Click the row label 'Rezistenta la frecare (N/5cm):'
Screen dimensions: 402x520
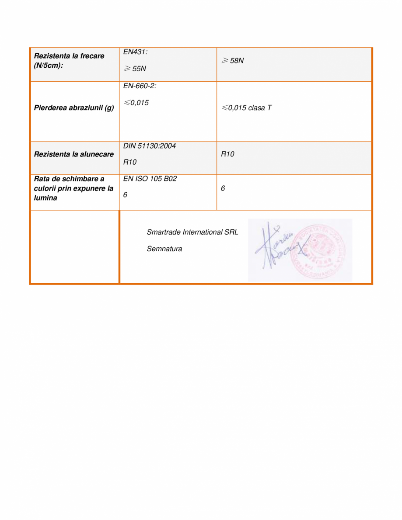click(x=69, y=60)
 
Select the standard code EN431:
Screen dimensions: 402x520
click(x=135, y=52)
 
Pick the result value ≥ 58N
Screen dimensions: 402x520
click(x=232, y=61)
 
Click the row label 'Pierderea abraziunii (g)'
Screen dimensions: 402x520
click(x=74, y=108)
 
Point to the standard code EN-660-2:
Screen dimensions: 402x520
click(x=140, y=86)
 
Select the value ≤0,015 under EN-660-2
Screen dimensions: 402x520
click(x=136, y=103)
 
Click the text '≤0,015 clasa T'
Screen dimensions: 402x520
click(x=246, y=108)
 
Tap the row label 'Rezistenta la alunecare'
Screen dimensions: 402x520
click(x=74, y=154)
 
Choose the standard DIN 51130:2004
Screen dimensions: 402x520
click(x=149, y=146)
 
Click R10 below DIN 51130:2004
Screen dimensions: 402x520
click(x=130, y=163)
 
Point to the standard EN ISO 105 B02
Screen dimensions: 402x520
click(x=150, y=179)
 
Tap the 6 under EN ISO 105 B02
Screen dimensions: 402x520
click(x=125, y=195)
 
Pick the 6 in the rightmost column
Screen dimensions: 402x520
click(x=223, y=188)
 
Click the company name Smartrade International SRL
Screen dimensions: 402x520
click(x=192, y=232)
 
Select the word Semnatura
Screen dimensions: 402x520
click(x=164, y=249)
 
